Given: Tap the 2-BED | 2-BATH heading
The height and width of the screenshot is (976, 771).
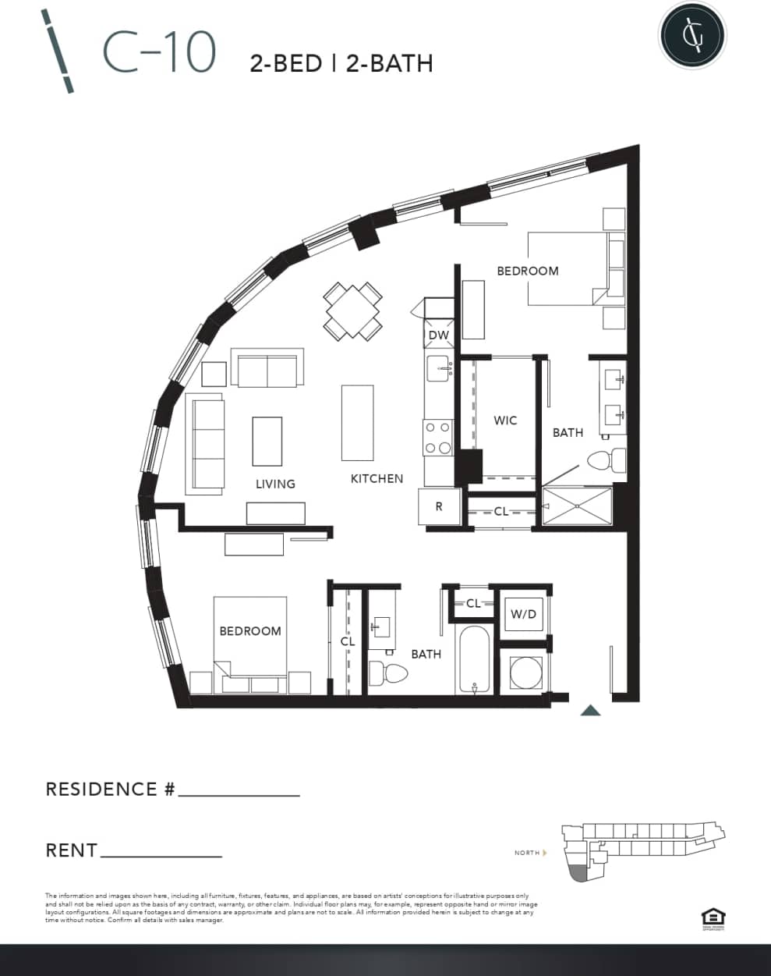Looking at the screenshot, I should (341, 63).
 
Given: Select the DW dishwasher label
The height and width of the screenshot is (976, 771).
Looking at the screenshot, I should (439, 335).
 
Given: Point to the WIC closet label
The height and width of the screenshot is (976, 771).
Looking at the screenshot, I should (505, 421).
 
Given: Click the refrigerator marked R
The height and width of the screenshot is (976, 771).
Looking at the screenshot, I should (439, 506).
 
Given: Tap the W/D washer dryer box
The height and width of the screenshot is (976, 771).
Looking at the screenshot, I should (523, 615).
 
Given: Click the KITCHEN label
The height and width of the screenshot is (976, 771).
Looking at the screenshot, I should (377, 479).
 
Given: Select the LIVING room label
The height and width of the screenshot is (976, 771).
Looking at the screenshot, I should (275, 484).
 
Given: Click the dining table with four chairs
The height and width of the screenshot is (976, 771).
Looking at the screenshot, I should (353, 311).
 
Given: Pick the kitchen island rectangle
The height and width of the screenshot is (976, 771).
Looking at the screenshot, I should (357, 422).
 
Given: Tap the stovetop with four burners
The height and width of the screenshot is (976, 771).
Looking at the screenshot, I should (437, 438).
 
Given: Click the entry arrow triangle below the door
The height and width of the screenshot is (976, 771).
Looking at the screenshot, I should (591, 710).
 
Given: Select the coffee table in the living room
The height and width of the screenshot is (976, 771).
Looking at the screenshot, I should (267, 441).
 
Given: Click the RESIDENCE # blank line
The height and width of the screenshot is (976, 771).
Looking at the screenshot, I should (239, 794).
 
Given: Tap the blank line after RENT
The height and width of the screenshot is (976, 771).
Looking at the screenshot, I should (161, 855).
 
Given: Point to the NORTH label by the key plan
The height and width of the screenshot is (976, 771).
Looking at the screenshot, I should (527, 853).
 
